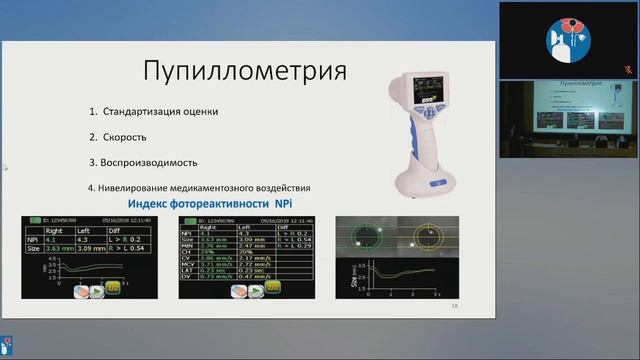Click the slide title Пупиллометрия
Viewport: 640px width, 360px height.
pos(245,71)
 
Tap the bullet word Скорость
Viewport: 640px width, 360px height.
pos(127,136)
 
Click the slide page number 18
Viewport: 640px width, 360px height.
pos(454,307)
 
